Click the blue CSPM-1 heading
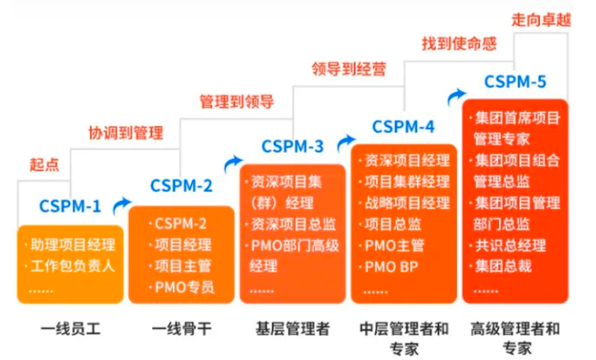69,207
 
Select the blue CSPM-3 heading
293,146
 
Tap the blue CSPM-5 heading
515,82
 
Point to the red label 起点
45,164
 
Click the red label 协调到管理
125,133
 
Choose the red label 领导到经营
348,69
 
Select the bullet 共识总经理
511,244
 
